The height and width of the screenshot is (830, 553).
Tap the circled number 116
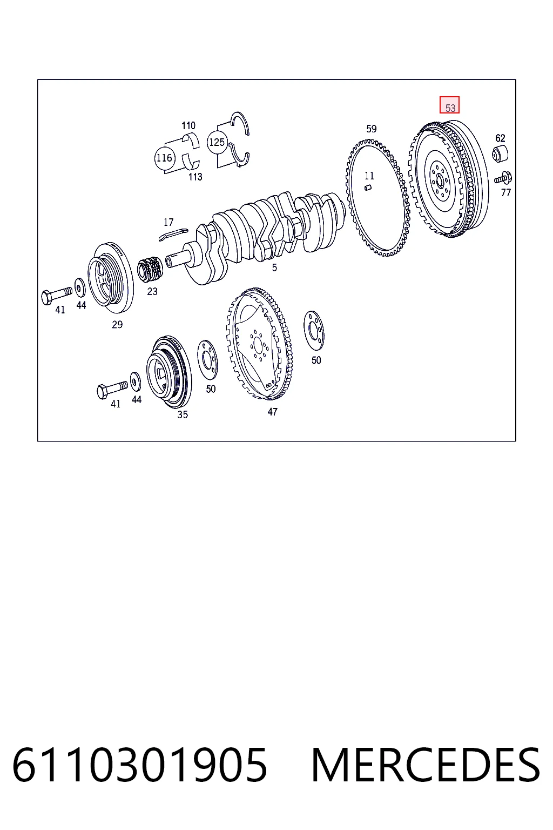pos(164,158)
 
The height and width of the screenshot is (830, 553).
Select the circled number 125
pos(217,142)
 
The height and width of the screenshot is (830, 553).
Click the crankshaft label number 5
pos(274,267)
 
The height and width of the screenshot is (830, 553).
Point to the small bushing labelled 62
pos(500,154)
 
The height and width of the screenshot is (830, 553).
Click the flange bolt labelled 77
pos(503,178)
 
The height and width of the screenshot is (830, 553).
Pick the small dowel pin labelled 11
pos(368,188)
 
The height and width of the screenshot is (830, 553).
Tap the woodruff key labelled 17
pos(173,235)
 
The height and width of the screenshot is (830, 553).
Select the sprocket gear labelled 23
pos(150,268)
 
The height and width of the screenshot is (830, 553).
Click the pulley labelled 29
pos(111,277)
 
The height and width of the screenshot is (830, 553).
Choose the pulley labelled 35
pos(169,372)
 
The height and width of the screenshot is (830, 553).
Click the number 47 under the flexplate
pos(272,412)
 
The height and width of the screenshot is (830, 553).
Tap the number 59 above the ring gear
pos(371,129)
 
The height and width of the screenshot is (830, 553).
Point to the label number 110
pos(188,125)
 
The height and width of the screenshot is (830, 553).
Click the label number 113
pos(195,177)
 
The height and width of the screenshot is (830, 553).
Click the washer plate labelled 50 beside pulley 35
pos(207,359)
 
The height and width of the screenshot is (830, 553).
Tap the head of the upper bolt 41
pos(46,298)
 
